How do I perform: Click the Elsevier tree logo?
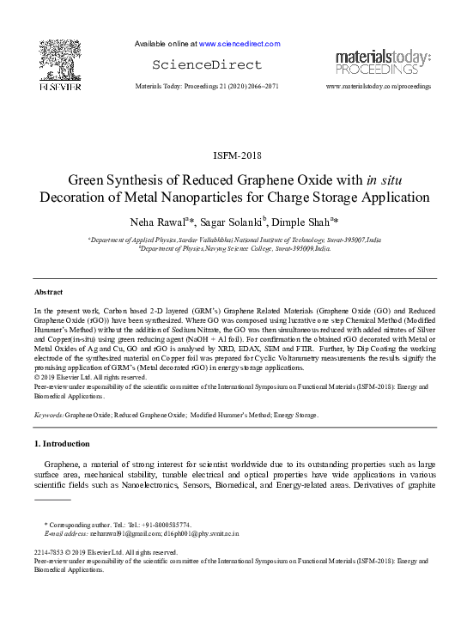point(59,60)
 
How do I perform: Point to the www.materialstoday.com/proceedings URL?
point(379,87)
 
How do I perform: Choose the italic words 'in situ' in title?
point(384,179)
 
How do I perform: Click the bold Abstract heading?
point(49,292)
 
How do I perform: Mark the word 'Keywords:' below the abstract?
point(49,415)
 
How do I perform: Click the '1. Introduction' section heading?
point(61,443)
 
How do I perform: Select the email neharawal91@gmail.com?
point(114,533)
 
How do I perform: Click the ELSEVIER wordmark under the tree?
point(59,86)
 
